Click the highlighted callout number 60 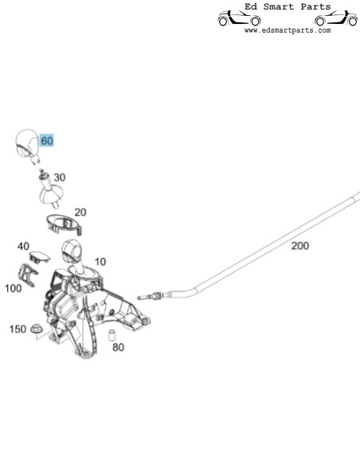(47, 141)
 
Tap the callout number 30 (60, 178)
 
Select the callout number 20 (80, 213)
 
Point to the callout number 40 (23, 246)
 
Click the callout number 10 (100, 262)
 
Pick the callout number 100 (14, 288)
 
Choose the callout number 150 (18, 329)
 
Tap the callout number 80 (118, 347)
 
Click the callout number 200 (299, 246)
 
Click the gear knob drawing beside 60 (27, 145)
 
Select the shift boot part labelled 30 (50, 190)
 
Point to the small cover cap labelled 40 (40, 257)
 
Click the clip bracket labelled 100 (28, 275)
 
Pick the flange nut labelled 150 (37, 328)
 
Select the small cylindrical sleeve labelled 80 (112, 334)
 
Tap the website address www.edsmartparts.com (288, 30)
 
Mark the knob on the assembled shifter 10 (71, 251)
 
